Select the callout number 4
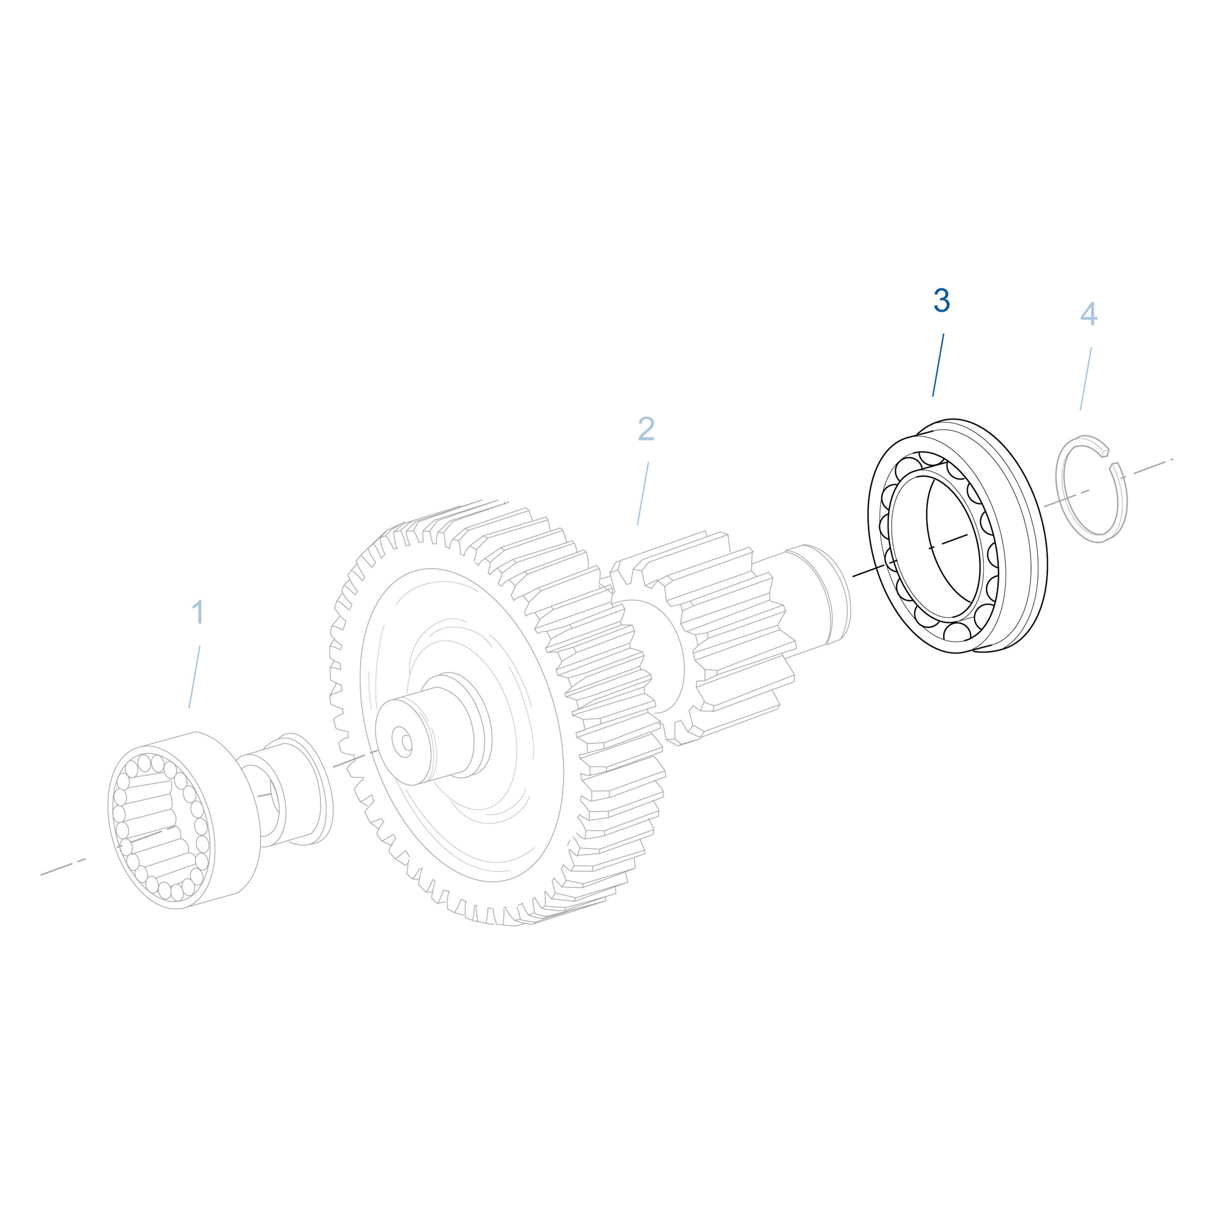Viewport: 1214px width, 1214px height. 1089,314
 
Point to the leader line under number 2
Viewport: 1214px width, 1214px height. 643,493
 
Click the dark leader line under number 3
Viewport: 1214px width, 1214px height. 938,365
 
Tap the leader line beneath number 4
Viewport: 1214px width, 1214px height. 1086,378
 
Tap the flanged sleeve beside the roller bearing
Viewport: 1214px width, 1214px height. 295,792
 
